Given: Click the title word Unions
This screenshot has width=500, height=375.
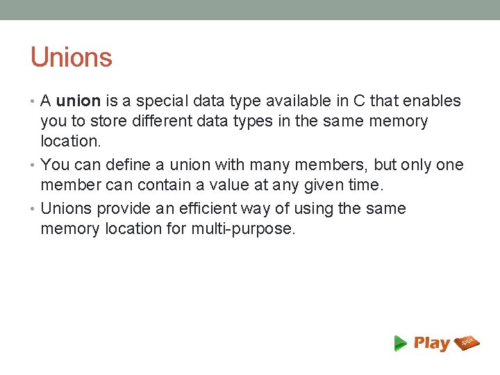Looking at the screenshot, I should [71, 58].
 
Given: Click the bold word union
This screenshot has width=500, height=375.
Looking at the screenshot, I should [78, 101].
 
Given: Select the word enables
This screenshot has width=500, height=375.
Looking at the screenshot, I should [432, 101].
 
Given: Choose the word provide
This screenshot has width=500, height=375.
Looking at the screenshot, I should [124, 209].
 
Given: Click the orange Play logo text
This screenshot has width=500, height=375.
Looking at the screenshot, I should [431, 343].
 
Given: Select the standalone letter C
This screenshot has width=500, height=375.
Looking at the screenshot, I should [360, 101].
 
